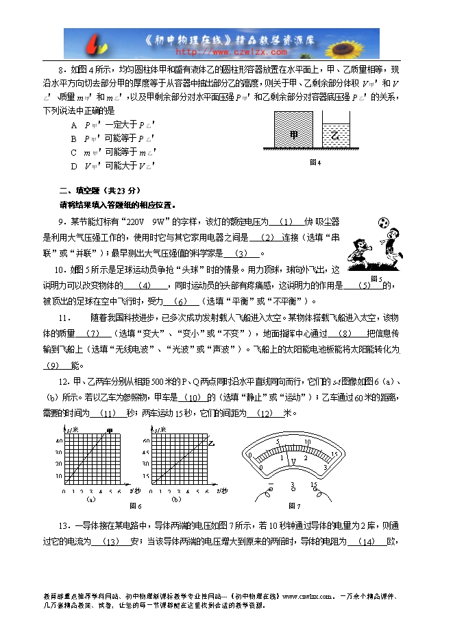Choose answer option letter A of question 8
tap(73, 126)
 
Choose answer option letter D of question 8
tap(73, 165)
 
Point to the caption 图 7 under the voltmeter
tap(295, 506)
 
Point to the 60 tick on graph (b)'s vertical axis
tap(146, 440)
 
